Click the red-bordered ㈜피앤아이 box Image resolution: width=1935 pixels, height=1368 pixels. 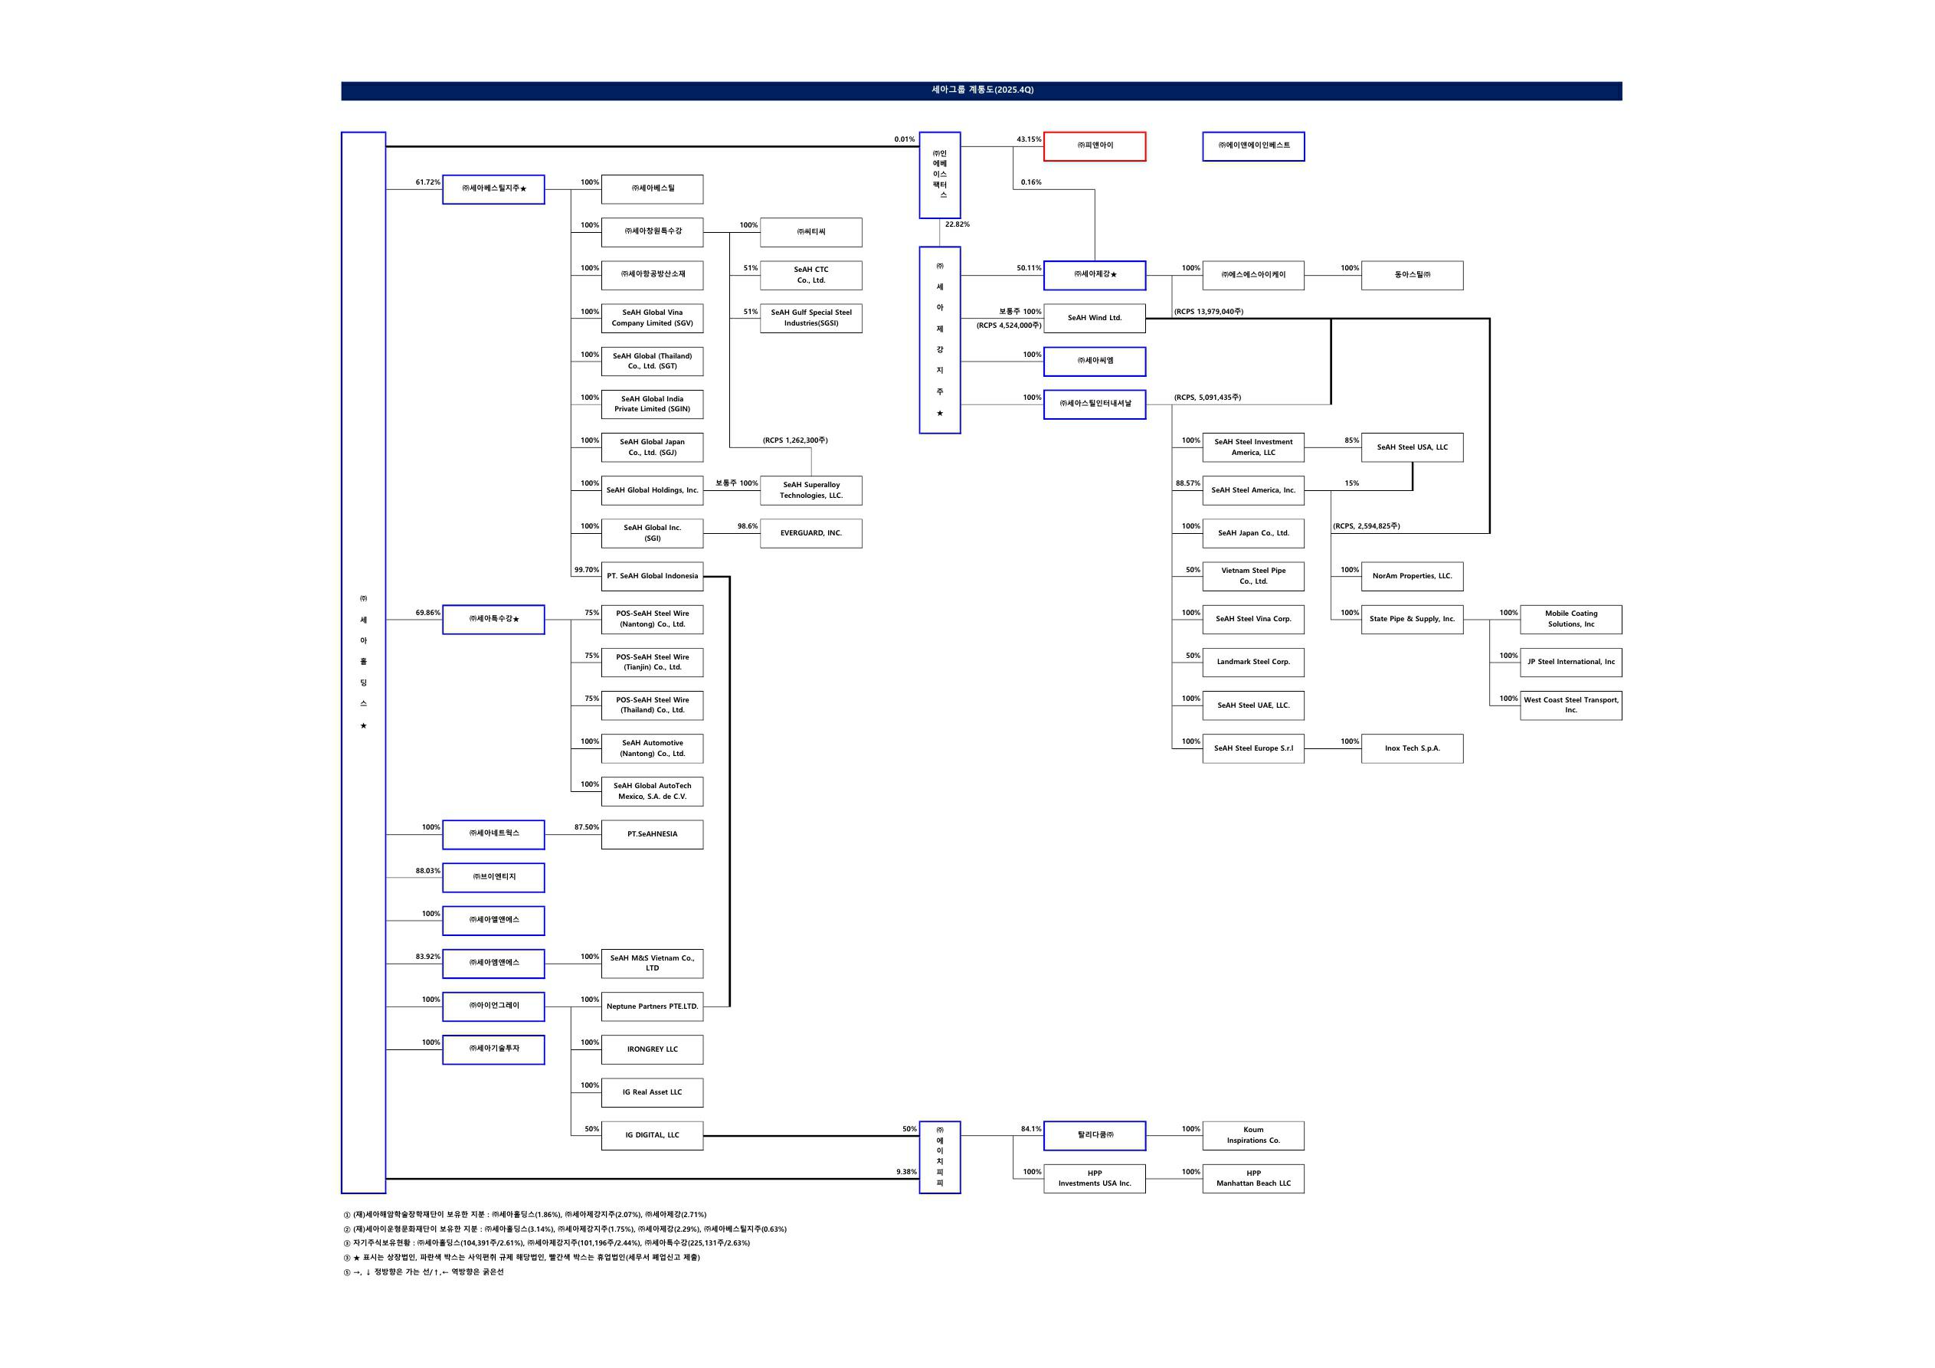pyautogui.click(x=1094, y=146)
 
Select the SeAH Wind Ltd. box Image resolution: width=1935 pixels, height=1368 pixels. pyautogui.click(x=1094, y=318)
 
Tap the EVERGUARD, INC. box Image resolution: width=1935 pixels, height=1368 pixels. pyautogui.click(x=810, y=532)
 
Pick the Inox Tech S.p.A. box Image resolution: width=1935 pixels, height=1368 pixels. pyautogui.click(x=1412, y=748)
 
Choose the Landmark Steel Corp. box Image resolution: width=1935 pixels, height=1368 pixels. pyautogui.click(x=1253, y=662)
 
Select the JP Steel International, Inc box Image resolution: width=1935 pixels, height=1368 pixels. pyautogui.click(x=1570, y=662)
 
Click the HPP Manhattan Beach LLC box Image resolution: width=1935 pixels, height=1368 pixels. pyautogui.click(x=1253, y=1178)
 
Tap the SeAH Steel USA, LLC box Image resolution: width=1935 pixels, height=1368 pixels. pyautogui.click(x=1412, y=447)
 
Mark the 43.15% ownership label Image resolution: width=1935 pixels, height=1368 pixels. pyautogui.click(x=1028, y=139)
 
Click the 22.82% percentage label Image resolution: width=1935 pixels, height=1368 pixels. pyautogui.click(x=957, y=224)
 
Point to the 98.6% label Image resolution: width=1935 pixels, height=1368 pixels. pyautogui.click(x=747, y=526)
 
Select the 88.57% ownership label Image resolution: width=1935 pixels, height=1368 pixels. pyautogui.click(x=1187, y=483)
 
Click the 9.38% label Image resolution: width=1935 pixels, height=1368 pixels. pyautogui.click(x=906, y=1172)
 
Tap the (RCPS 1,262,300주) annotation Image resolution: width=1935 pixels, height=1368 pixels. pyautogui.click(x=794, y=440)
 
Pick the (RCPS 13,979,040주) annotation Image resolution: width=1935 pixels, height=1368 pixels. pyautogui.click(x=1208, y=312)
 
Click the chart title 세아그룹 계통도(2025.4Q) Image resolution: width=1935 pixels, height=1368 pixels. pyautogui.click(x=982, y=90)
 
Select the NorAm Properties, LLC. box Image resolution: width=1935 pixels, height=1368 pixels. pyautogui.click(x=1412, y=576)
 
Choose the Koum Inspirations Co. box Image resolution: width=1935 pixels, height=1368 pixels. pyautogui.click(x=1253, y=1135)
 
